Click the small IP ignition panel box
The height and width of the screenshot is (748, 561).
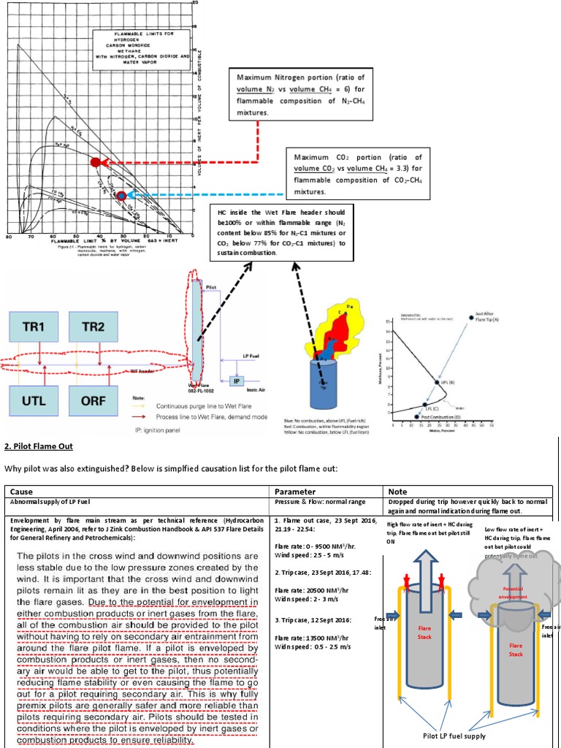click(x=236, y=381)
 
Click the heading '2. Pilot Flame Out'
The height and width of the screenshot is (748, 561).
click(x=45, y=446)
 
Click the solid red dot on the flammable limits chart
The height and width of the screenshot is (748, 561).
click(x=95, y=161)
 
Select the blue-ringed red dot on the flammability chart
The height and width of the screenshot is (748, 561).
click(x=121, y=195)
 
